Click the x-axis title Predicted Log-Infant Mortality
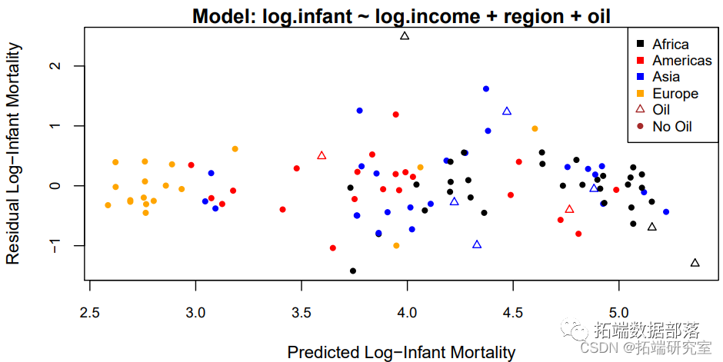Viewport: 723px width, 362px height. click(401, 353)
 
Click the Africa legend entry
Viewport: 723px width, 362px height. click(670, 45)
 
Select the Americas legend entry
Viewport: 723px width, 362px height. click(681, 61)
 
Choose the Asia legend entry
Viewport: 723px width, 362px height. click(665, 77)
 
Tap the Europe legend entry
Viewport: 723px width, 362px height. click(675, 94)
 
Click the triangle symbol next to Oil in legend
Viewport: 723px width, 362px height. click(641, 110)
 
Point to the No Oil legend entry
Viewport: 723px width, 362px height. click(672, 126)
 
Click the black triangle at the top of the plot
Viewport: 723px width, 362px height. click(405, 36)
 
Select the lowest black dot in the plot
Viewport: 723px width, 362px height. click(353, 271)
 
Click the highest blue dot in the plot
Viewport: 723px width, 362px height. click(486, 89)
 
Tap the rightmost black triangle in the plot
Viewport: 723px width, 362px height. click(695, 263)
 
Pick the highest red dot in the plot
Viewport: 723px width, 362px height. click(396, 115)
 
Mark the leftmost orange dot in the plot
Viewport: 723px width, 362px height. click(108, 205)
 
